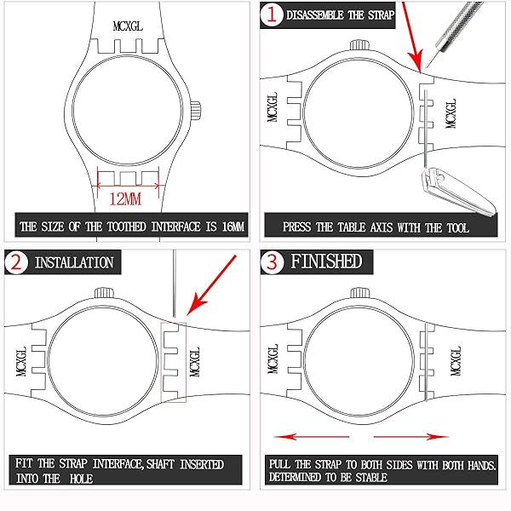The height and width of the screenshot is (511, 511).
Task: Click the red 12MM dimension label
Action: coord(125,198)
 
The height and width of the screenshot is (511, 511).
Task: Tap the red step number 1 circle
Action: coord(271,14)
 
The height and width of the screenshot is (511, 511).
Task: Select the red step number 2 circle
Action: coord(15,262)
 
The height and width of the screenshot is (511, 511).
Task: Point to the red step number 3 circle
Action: coord(272,262)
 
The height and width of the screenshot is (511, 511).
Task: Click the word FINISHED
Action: coord(326,261)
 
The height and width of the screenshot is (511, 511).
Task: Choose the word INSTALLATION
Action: coord(74,262)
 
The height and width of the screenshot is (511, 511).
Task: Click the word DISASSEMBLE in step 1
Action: coord(315,15)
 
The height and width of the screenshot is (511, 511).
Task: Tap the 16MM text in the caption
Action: coord(233,227)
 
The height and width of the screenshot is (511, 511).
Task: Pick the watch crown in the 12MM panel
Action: coord(196,111)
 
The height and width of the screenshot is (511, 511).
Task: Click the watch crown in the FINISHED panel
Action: coord(359,293)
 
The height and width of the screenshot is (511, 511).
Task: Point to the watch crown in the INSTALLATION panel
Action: coord(104,293)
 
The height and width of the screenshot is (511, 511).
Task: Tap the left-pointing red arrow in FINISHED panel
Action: coord(311,437)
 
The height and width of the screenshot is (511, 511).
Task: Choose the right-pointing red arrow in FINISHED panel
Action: coord(411,437)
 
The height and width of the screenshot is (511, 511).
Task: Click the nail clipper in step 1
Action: coord(458,191)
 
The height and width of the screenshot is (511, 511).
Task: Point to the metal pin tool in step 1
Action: coord(456,32)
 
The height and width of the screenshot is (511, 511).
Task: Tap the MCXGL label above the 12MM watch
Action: coord(128,26)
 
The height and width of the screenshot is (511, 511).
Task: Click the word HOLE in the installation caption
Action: coord(81,479)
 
